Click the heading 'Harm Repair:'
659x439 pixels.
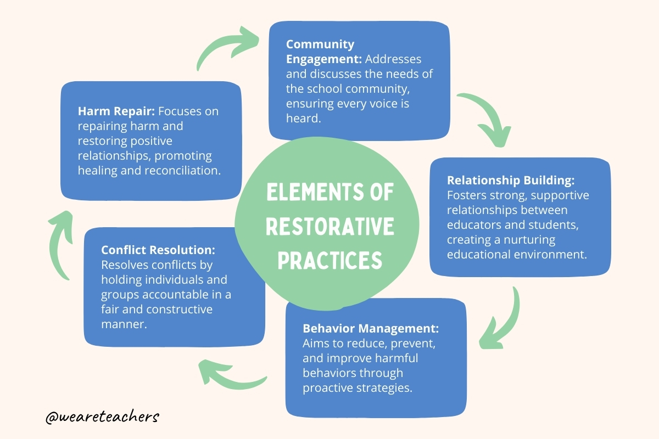click(116, 111)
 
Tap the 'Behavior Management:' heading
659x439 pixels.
click(371, 329)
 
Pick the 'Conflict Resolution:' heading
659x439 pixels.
click(158, 250)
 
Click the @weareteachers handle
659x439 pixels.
click(103, 417)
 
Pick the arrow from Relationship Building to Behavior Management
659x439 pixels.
click(502, 321)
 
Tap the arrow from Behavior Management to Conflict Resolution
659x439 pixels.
click(231, 373)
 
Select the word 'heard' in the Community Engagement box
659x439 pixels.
click(301, 118)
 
